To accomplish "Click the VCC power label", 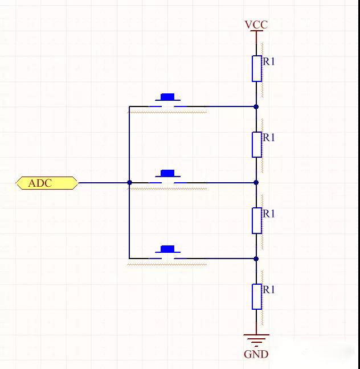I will point(256,24).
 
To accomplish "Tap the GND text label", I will point(256,354).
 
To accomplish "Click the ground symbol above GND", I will point(256,339).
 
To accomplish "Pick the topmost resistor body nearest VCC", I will point(257,68).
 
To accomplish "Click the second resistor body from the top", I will point(257,145).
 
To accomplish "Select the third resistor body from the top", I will point(257,220).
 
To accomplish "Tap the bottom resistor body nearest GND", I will point(257,296).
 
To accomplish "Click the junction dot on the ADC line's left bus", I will point(129,183).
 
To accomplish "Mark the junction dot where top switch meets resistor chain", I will point(256,106).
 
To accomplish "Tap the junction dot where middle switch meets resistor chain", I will point(256,183).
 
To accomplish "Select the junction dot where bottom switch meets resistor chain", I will point(256,259).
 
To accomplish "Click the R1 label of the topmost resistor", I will point(269,61).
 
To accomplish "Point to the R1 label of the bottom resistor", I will point(269,290).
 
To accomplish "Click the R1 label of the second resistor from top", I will point(269,138).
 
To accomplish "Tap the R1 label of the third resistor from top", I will point(269,214).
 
